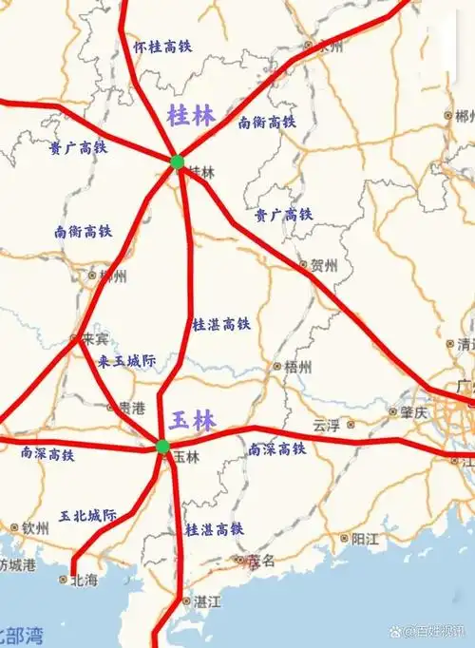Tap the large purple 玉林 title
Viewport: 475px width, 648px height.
click(x=193, y=420)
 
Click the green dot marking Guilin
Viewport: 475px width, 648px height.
click(x=177, y=162)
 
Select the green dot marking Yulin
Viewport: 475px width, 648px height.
click(x=162, y=446)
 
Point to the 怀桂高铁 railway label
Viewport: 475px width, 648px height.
click(x=162, y=46)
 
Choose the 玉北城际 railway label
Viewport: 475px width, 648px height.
click(x=88, y=515)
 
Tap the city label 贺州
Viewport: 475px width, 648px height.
click(x=323, y=265)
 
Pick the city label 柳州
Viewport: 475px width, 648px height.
click(x=110, y=276)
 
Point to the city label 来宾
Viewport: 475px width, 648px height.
click(x=93, y=339)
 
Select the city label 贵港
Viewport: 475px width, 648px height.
click(x=131, y=408)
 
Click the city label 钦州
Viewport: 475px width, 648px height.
click(x=35, y=527)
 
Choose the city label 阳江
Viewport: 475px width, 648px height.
click(x=364, y=539)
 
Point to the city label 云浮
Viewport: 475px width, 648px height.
click(x=325, y=426)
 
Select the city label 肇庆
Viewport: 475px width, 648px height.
click(x=415, y=411)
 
